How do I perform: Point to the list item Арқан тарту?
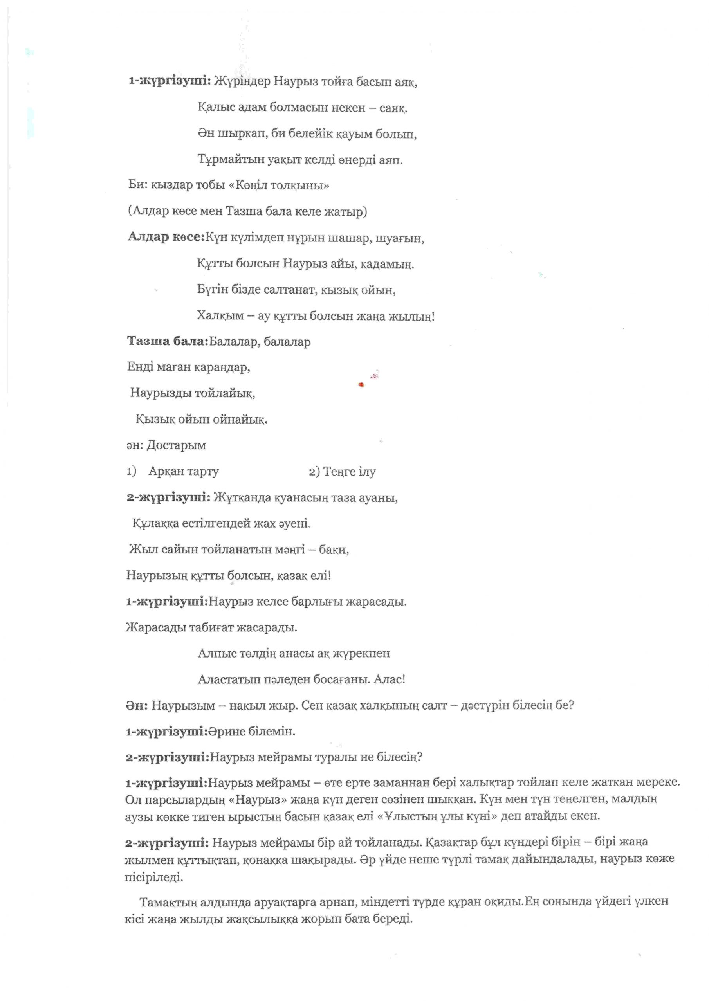click(183, 471)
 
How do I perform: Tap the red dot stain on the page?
click(361, 384)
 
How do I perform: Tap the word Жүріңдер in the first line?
click(242, 82)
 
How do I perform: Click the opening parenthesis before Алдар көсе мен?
click(130, 212)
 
